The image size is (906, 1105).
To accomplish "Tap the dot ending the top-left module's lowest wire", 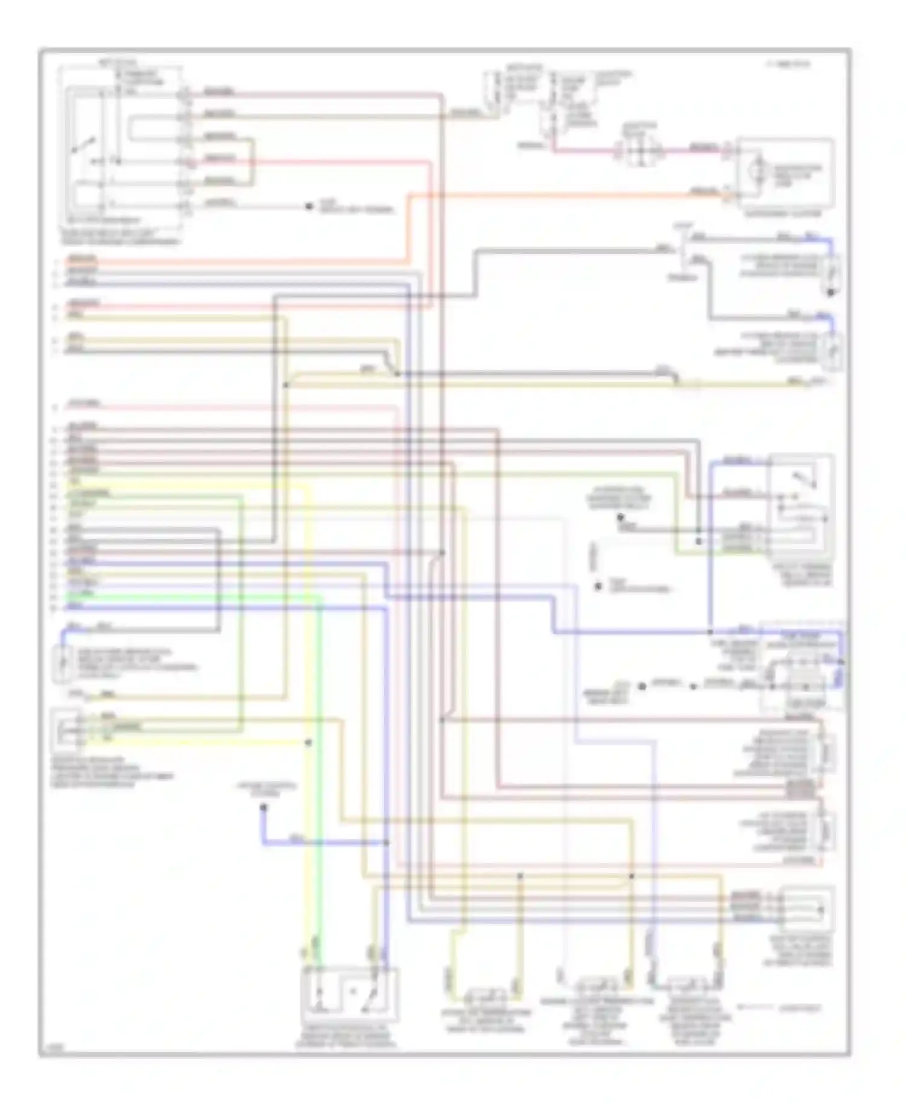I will click(x=309, y=207).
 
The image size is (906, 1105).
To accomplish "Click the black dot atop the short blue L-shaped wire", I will click(x=263, y=808).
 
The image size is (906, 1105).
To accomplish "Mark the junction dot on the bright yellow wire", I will click(x=309, y=742).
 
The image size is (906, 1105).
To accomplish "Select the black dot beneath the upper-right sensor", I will click(x=831, y=293).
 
